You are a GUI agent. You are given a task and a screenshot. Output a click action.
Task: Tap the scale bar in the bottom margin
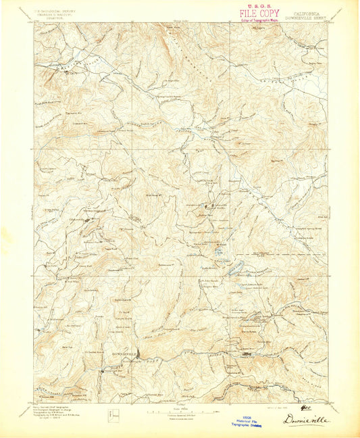(180, 408)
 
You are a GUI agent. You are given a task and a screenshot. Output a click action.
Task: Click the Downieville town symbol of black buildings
(138, 354)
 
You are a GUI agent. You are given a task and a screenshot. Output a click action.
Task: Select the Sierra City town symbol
(245, 351)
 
